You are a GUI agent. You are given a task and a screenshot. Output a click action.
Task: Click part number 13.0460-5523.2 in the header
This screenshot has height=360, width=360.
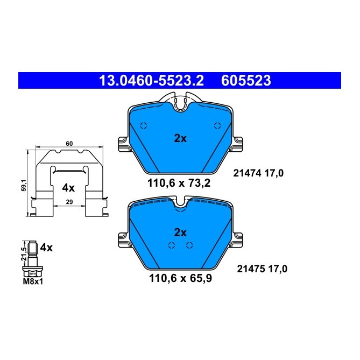pyautogui.click(x=151, y=81)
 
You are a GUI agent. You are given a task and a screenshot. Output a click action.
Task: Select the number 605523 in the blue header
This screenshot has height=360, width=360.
pyautogui.click(x=245, y=81)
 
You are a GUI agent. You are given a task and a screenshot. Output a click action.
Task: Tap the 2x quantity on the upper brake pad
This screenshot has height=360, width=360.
pyautogui.click(x=180, y=138)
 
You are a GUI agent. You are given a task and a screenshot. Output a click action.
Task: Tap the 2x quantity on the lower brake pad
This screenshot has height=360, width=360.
pyautogui.click(x=180, y=232)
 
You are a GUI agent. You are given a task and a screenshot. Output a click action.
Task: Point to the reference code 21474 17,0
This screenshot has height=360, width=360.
pyautogui.click(x=258, y=173)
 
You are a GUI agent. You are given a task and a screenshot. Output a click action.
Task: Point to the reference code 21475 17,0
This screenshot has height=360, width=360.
pyautogui.click(x=258, y=269)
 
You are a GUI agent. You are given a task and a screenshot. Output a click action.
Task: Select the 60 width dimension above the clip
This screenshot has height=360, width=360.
pyautogui.click(x=69, y=144)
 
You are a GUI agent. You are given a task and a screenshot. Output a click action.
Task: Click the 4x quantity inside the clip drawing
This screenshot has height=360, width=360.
pyautogui.click(x=68, y=188)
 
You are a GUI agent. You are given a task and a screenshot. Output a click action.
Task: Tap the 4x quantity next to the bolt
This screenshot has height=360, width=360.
pyautogui.click(x=46, y=248)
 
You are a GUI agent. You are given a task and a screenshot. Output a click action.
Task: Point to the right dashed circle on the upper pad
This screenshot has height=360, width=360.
pyautogui.click(x=217, y=125)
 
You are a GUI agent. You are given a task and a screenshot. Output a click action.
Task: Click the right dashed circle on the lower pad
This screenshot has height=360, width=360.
pyautogui.click(x=189, y=245)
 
